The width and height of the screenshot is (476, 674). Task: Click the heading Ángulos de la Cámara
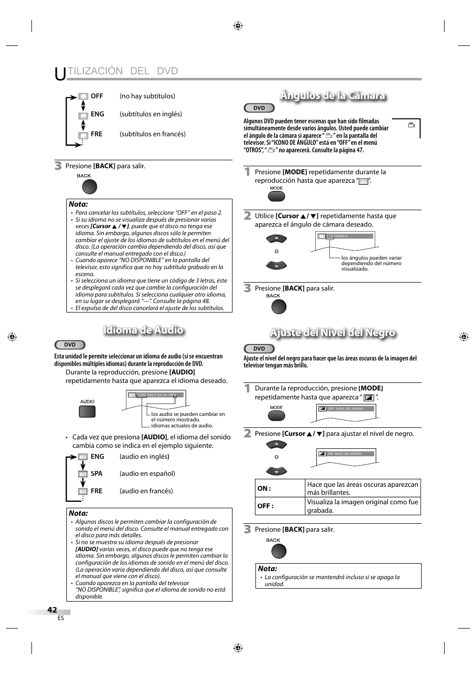click(332, 95)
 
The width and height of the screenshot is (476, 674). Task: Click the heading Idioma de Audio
click(143, 330)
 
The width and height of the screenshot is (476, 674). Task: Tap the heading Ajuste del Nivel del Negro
click(332, 333)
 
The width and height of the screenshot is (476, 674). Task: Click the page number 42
click(52, 610)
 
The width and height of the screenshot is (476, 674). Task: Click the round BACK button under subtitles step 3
click(89, 187)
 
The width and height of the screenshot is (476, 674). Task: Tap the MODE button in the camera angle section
click(276, 196)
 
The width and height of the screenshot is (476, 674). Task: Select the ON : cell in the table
click(280, 488)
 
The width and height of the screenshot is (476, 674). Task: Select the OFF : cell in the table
click(280, 506)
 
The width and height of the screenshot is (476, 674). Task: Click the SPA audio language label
click(96, 473)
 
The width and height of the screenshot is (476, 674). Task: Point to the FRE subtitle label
click(96, 134)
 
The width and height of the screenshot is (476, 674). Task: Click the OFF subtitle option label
click(96, 96)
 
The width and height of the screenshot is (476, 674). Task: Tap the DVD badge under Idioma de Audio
click(70, 344)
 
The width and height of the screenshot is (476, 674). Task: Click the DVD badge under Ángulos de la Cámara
click(259, 108)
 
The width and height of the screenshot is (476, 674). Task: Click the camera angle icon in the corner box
click(412, 125)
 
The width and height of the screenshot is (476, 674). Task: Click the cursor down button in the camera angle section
click(276, 265)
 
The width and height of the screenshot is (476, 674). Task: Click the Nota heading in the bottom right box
click(267, 568)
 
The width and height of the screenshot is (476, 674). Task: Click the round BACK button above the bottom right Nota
click(278, 551)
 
